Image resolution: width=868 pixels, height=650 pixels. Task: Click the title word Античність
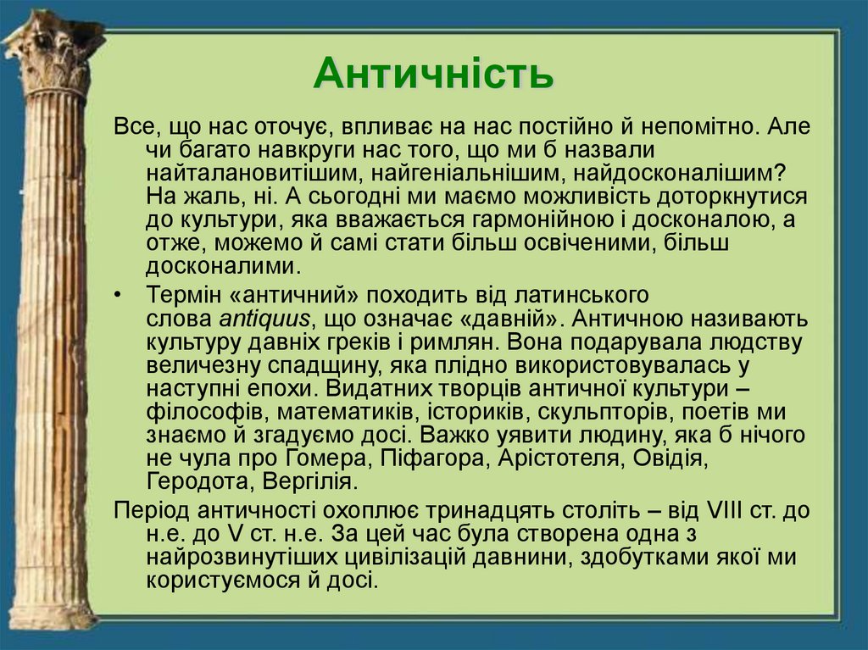tap(433, 75)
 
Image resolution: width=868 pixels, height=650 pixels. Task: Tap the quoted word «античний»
tap(289, 297)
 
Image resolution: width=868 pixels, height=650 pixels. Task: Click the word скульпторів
tap(578, 414)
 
